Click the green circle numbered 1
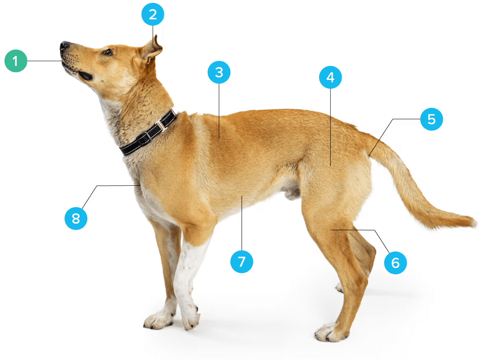tap(16, 61)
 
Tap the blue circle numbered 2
tap(153, 14)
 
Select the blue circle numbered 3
tap(219, 72)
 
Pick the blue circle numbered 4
tap(330, 77)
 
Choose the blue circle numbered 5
tap(431, 119)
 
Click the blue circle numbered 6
tap(396, 263)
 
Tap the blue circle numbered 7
tap(242, 262)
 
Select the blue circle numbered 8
tap(76, 219)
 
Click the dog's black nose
tap(64, 46)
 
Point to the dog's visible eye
tap(108, 52)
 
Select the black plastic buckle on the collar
tap(144, 138)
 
